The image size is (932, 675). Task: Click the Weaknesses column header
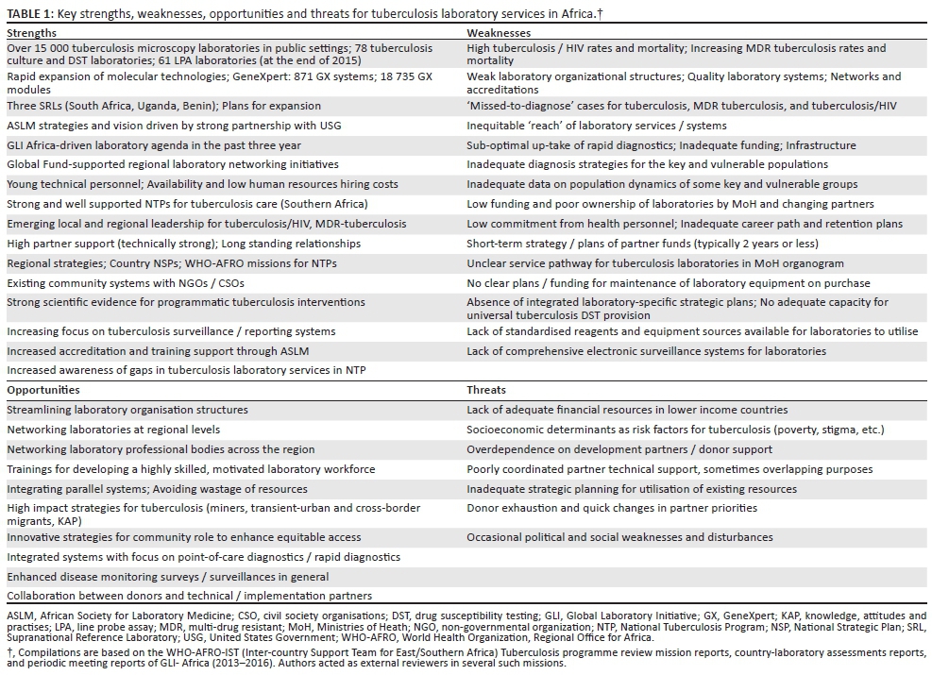(499, 31)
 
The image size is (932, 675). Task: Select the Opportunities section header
(42, 390)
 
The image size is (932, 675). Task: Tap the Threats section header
(486, 390)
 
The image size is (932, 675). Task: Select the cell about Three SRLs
(163, 107)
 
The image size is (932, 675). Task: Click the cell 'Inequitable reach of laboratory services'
(597, 127)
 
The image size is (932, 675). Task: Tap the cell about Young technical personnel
(202, 185)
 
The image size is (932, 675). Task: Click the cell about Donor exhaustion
(611, 508)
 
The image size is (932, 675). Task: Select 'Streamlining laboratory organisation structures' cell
(127, 410)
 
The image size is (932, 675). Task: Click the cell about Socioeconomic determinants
(675, 430)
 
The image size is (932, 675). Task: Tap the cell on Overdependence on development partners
(627, 449)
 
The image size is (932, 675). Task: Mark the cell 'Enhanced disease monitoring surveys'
(168, 577)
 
